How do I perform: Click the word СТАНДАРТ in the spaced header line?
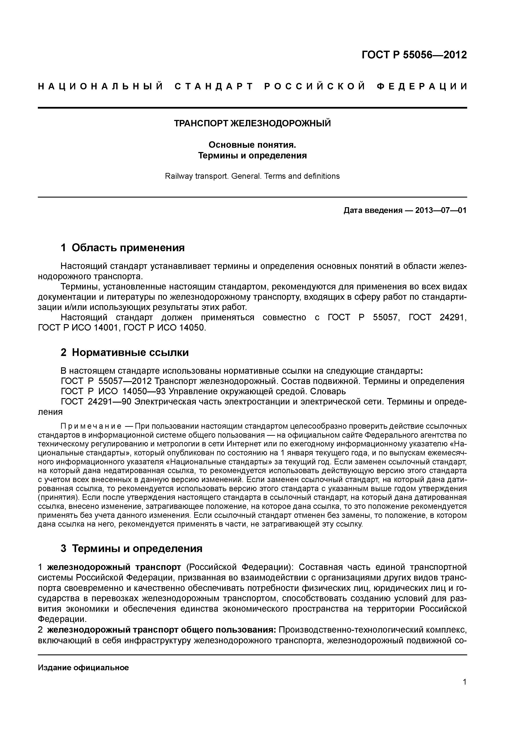point(214,87)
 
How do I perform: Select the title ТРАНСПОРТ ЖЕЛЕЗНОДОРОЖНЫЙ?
point(252,124)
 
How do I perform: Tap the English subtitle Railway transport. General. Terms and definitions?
point(252,176)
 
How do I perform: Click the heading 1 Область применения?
point(123,248)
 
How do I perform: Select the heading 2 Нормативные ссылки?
point(125,353)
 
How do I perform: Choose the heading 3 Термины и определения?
point(132,548)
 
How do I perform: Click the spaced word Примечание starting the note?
point(91,426)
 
